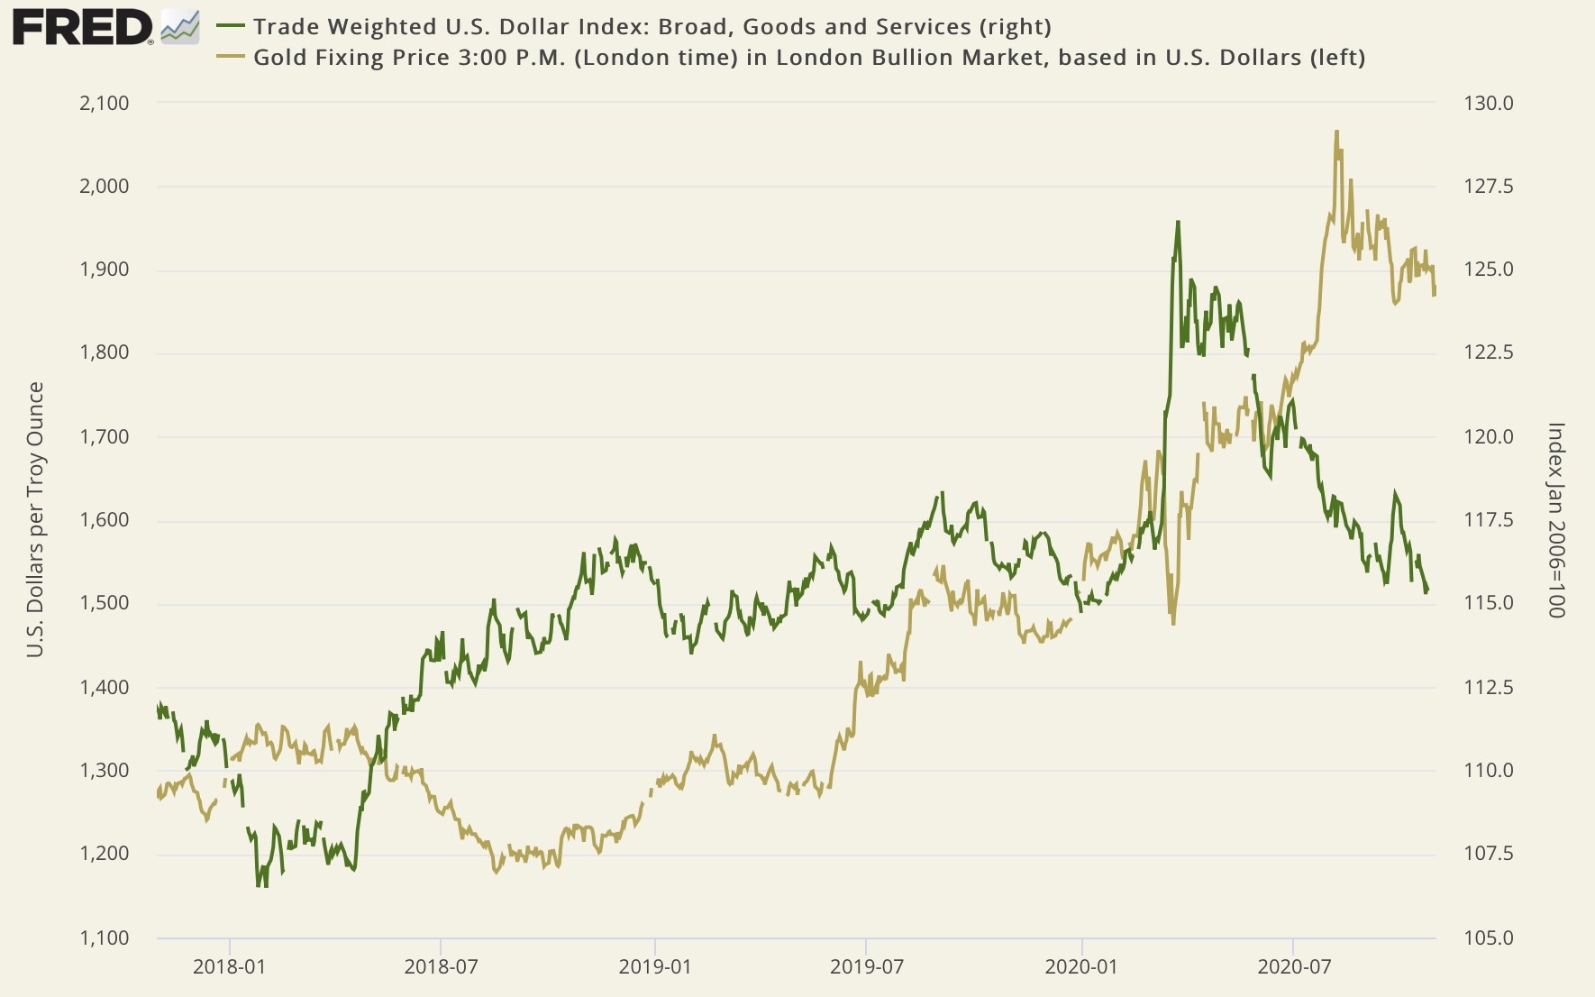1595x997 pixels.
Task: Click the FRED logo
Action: click(82, 27)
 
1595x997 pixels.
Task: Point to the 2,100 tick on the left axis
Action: click(105, 104)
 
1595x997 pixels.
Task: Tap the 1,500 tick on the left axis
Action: click(105, 603)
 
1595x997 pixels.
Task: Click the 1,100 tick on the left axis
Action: click(105, 938)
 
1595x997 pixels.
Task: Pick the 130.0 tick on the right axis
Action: click(1489, 104)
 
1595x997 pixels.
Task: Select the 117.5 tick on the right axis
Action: click(1489, 520)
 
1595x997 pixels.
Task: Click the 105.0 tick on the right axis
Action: click(1489, 938)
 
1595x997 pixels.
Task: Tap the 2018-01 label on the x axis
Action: click(230, 967)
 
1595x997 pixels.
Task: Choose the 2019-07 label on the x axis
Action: click(866, 967)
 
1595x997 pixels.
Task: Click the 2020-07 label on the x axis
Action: click(1293, 967)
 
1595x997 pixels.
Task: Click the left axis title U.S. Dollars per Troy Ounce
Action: click(35, 519)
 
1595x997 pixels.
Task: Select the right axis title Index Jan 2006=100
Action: click(1556, 519)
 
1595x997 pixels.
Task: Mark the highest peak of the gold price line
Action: click(1336, 132)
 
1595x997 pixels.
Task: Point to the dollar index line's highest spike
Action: click(1177, 222)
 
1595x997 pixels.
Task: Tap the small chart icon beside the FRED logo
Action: click(179, 27)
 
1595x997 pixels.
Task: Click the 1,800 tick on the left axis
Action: click(105, 353)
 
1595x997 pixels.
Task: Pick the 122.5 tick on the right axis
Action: click(1489, 353)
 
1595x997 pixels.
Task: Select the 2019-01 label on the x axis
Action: click(655, 967)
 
